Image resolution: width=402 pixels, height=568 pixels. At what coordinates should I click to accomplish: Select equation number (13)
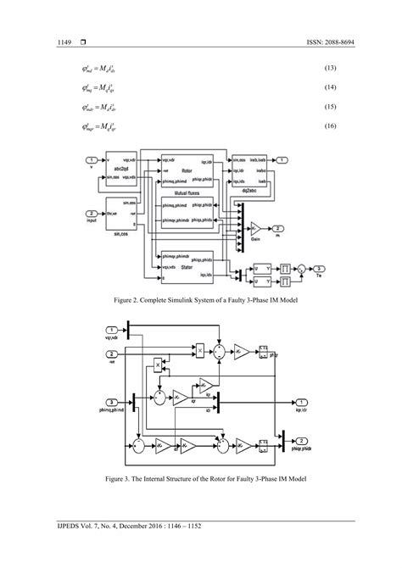(332, 67)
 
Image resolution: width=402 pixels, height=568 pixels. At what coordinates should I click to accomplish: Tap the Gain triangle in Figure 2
(255, 230)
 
